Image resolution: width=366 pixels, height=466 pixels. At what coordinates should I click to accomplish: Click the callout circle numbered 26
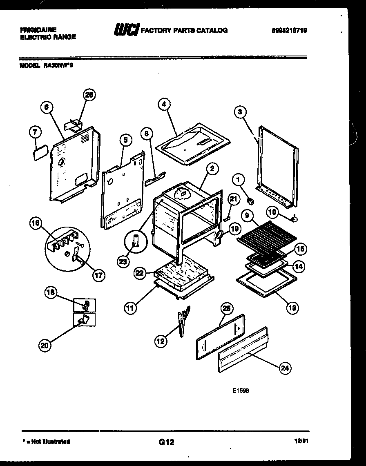(89, 95)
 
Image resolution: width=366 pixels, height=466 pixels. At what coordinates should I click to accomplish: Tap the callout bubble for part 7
(36, 132)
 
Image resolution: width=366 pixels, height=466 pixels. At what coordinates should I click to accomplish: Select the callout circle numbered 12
(161, 341)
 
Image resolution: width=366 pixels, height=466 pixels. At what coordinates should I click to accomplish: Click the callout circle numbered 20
(45, 346)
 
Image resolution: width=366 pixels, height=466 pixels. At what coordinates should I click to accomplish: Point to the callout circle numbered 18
(51, 292)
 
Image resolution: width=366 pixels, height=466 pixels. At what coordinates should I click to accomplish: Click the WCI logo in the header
(126, 30)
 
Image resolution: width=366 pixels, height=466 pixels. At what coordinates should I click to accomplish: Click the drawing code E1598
(241, 390)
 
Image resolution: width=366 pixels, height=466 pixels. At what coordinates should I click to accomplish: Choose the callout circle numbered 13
(292, 307)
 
